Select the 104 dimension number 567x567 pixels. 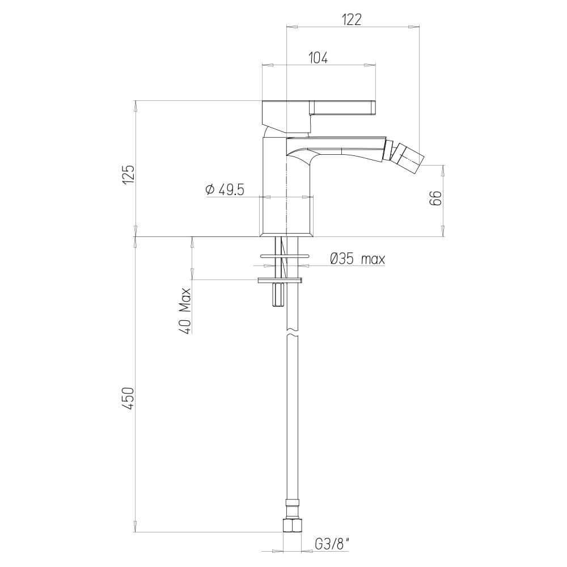(318, 57)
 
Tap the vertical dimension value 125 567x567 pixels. (129, 174)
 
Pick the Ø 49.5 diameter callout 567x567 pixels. (225, 190)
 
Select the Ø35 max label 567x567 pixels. (357, 260)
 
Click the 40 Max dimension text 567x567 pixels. (184, 309)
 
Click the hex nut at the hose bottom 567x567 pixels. (291, 524)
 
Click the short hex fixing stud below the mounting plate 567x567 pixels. (278, 295)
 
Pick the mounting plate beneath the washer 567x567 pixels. (280, 280)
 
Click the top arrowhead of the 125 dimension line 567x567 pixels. (136, 105)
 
